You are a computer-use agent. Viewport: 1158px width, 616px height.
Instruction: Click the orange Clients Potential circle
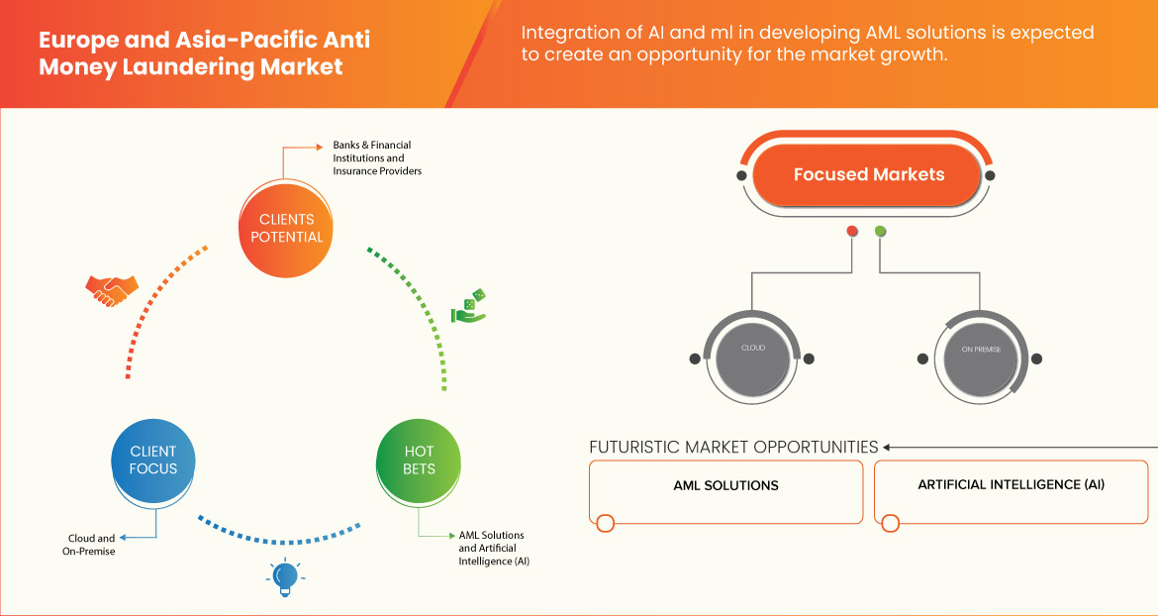click(x=282, y=228)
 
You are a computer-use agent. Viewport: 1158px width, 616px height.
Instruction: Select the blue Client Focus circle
click(x=153, y=462)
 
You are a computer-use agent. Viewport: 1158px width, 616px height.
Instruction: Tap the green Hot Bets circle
click(x=419, y=462)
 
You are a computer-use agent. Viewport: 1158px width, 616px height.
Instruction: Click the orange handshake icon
click(x=112, y=290)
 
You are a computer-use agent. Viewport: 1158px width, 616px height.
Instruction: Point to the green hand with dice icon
click(x=469, y=306)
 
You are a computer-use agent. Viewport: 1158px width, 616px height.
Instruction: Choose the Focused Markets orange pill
click(x=868, y=175)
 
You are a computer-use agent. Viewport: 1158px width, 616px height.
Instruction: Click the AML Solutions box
click(x=725, y=492)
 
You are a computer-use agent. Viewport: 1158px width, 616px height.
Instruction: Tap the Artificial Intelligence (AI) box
click(x=1012, y=492)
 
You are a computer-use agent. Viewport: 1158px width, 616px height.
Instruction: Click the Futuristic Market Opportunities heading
click(x=733, y=447)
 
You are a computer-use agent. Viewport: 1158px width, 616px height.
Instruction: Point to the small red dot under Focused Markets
click(x=852, y=231)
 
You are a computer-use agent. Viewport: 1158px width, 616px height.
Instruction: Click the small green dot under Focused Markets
click(x=880, y=231)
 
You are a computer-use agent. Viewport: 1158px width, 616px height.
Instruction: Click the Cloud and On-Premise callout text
click(x=89, y=545)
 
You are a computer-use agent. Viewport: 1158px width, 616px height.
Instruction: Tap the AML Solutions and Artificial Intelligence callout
click(x=494, y=548)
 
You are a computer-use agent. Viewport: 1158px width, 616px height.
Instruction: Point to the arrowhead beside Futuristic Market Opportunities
click(x=887, y=447)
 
